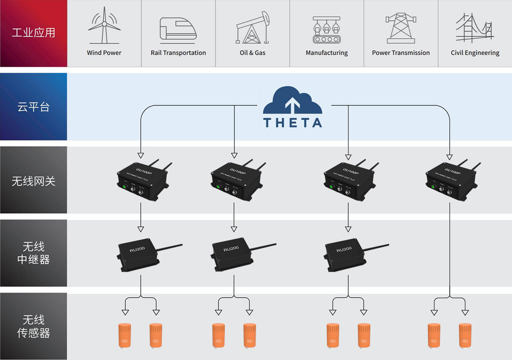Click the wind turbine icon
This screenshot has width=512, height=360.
[104, 27]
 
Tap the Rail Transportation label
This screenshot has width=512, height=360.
[178, 53]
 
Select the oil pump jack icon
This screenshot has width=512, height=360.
[253, 28]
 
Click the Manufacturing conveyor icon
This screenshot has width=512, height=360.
[326, 29]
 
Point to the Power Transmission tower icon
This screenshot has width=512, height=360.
[401, 28]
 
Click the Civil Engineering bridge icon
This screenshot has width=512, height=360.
[474, 28]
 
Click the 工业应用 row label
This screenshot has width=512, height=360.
[33, 33]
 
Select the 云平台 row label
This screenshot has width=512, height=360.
[33, 107]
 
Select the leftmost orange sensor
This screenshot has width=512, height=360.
[124, 336]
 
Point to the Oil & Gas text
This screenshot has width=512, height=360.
[253, 53]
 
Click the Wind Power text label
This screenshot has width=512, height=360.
[104, 53]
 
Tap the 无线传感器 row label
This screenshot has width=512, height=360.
[33, 326]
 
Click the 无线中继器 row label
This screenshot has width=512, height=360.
[33, 253]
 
